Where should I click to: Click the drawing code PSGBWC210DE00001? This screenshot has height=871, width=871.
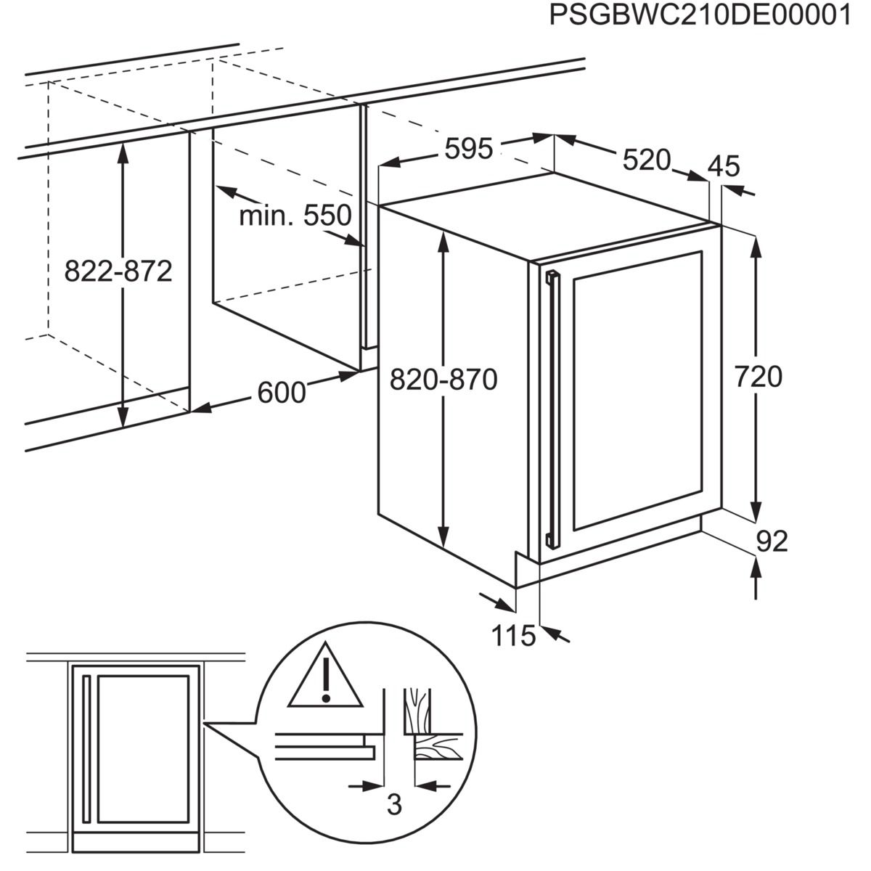pyautogui.click(x=700, y=16)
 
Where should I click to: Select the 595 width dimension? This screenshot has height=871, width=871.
pyautogui.click(x=468, y=150)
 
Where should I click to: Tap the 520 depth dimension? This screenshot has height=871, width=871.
pyautogui.click(x=646, y=160)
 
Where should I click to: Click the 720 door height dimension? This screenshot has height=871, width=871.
pyautogui.click(x=758, y=377)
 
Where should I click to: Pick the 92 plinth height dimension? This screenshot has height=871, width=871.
pyautogui.click(x=772, y=541)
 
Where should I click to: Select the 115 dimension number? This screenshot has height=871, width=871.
pyautogui.click(x=513, y=637)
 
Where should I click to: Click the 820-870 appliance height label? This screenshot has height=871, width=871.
pyautogui.click(x=443, y=379)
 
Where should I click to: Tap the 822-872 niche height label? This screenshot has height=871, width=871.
pyautogui.click(x=118, y=271)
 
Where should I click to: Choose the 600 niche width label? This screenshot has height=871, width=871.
pyautogui.click(x=282, y=393)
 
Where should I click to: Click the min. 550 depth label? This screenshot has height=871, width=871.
pyautogui.click(x=295, y=216)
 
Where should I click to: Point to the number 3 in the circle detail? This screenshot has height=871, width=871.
pyautogui.click(x=393, y=805)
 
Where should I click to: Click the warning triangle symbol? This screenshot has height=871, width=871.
pyautogui.click(x=326, y=676)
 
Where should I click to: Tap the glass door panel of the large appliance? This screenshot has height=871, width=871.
pyautogui.click(x=637, y=392)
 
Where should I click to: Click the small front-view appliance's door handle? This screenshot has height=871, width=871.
pyautogui.click(x=86, y=748)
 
